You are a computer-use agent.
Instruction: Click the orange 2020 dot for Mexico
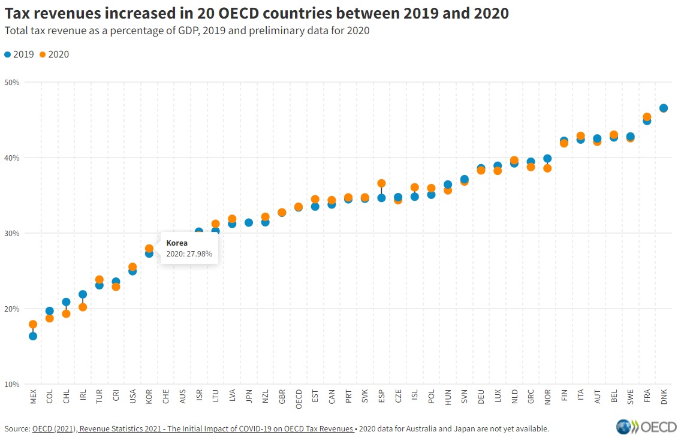pos(33,324)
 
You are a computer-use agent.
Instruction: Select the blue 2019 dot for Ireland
pos(83,294)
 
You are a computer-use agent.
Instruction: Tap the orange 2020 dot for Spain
pos(381,183)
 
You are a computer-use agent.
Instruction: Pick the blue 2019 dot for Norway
pos(547,159)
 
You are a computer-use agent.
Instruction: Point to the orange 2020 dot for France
pos(647,117)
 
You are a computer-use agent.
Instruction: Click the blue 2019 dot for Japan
pos(249,222)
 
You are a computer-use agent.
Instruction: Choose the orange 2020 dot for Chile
pos(66,314)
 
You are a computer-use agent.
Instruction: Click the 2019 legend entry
pos(20,55)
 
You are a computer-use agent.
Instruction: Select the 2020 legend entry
pos(54,55)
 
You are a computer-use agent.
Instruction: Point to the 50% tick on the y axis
pos(12,82)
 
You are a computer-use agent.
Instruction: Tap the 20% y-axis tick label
pos(12,309)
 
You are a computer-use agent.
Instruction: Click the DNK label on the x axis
pos(664,397)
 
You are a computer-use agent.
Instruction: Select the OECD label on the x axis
pos(299,399)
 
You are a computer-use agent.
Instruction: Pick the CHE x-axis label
pos(166,397)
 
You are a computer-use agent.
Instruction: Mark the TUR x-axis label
pos(100,397)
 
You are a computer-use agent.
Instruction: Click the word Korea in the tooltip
pos(177,243)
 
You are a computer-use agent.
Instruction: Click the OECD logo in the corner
pos(646,427)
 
